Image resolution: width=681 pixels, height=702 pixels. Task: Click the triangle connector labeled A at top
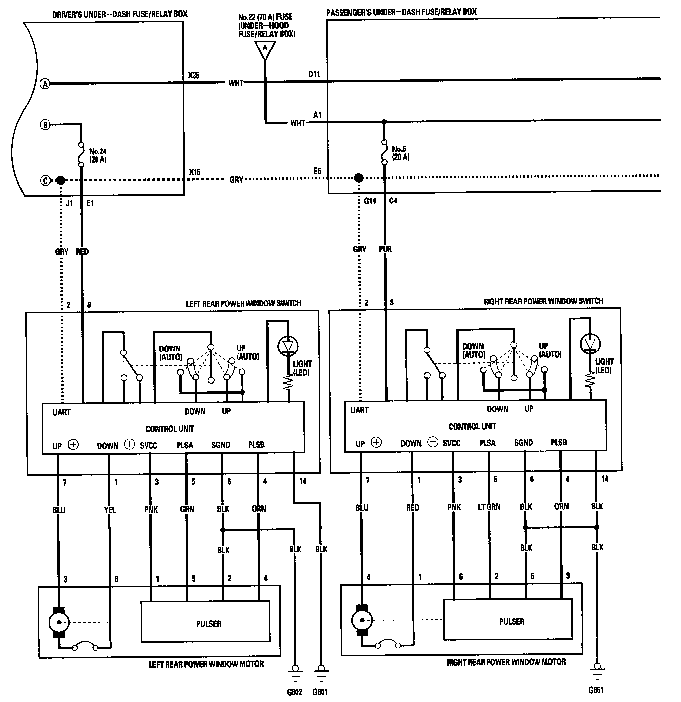pos(265,49)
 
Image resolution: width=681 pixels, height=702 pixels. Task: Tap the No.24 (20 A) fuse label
pos(98,156)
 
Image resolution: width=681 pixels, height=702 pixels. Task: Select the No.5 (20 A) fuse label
pos(400,152)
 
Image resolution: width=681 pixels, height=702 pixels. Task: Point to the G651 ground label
pos(596,690)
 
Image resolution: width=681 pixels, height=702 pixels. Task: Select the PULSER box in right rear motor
pos(511,621)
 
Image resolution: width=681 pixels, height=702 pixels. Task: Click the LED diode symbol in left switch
pos(288,345)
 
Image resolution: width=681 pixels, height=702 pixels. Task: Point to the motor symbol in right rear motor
pos(361,619)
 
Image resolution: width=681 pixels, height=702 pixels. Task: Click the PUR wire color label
pos(385,249)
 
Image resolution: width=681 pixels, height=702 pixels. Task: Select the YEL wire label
pos(110,510)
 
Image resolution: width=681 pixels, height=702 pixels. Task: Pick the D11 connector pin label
pos(314,75)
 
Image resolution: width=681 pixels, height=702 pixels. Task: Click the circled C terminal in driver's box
pos(45,180)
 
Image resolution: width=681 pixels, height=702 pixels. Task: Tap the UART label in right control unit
pos(359,410)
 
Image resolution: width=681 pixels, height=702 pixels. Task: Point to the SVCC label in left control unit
pos(148,445)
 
